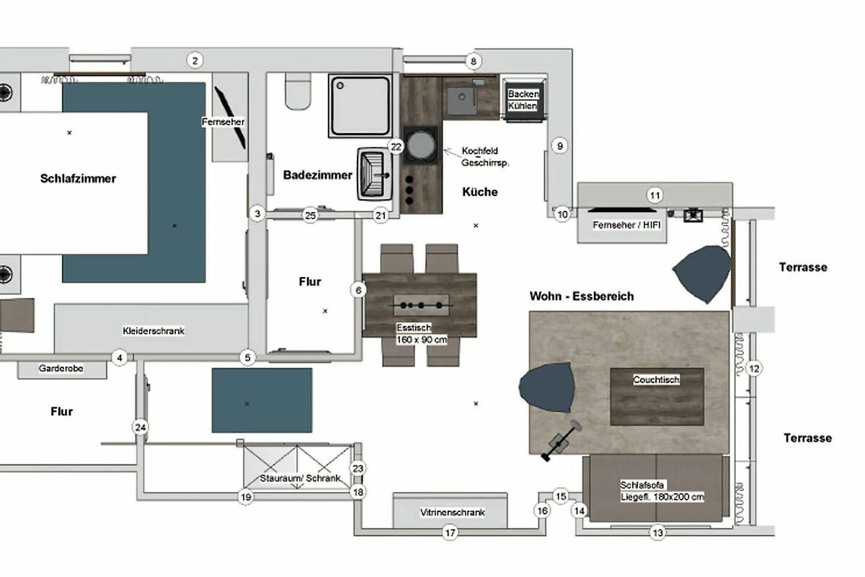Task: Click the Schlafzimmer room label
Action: (78, 179)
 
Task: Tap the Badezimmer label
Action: (318, 175)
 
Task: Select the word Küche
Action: (480, 192)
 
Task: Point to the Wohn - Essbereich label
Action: (582, 296)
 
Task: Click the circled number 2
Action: (195, 61)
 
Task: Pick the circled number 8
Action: (474, 61)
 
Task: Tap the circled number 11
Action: (655, 195)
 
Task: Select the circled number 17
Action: (451, 533)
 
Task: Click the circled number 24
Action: (141, 428)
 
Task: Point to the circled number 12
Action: (754, 369)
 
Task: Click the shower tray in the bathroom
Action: (360, 106)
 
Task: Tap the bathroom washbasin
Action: (375, 174)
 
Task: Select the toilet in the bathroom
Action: (298, 91)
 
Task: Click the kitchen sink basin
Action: (462, 100)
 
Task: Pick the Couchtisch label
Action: (656, 379)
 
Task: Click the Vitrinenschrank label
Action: (453, 513)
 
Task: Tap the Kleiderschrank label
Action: (154, 331)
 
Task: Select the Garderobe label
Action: (61, 369)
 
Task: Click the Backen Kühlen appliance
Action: (523, 100)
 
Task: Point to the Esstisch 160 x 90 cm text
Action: (422, 333)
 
